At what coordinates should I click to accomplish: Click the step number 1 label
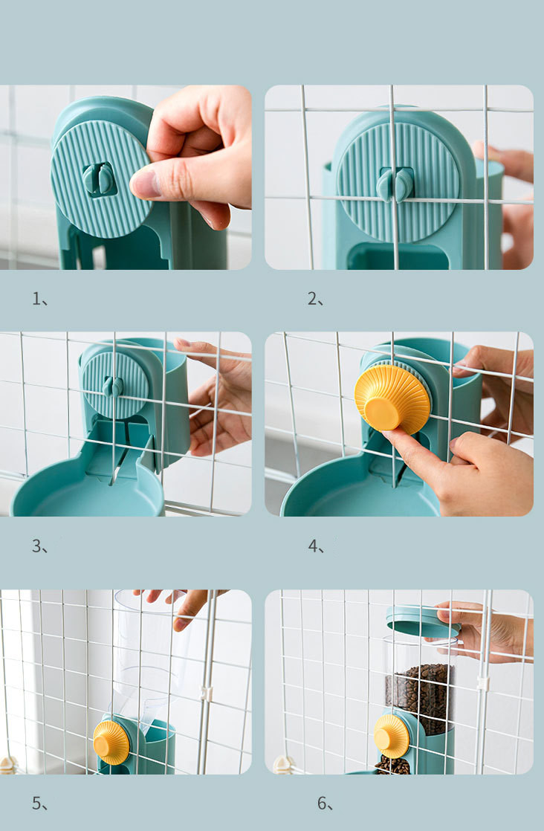coord(39,299)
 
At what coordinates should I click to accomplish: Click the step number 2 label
coord(315,299)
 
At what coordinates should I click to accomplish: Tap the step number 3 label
coord(39,546)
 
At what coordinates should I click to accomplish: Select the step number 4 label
coord(316,546)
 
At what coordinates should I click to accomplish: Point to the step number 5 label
coord(39,803)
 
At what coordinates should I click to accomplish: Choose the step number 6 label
coord(325,803)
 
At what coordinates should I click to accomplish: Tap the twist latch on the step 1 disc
coord(99,179)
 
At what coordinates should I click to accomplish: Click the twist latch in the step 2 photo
coord(395,185)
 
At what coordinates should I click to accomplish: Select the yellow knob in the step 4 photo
coord(392,398)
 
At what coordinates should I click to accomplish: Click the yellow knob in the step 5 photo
coord(111,742)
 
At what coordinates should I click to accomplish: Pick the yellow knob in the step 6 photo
coord(392,736)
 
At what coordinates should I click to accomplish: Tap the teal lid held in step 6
coord(423,621)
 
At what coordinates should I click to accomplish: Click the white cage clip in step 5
coord(206,693)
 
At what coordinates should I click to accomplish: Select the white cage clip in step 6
coord(482,682)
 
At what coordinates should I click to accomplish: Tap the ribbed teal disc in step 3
coord(115,385)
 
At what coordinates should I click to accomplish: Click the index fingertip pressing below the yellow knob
coord(390,436)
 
